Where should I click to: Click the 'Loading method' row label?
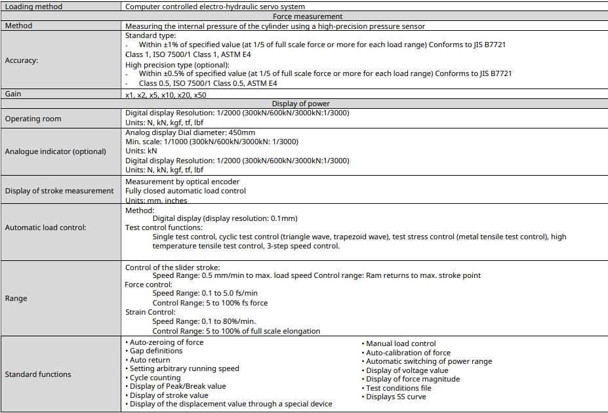point(34,7)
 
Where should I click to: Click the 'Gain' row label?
point(13,94)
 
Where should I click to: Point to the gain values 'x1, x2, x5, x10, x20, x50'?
point(165,95)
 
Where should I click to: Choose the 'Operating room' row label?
point(33,119)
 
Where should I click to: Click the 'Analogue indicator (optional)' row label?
point(55,151)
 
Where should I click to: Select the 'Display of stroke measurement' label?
point(59,191)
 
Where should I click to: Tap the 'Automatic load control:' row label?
point(47,227)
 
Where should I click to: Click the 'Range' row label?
point(16,298)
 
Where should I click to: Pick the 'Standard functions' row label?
point(38,374)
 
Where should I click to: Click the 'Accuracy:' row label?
point(22,60)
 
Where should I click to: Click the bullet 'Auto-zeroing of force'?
point(167,342)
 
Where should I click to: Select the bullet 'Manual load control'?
point(400,344)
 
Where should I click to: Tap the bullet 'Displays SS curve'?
point(395,397)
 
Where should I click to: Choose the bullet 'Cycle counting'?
point(155,378)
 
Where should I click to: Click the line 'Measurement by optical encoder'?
point(182,182)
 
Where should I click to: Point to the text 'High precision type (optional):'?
point(177,65)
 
